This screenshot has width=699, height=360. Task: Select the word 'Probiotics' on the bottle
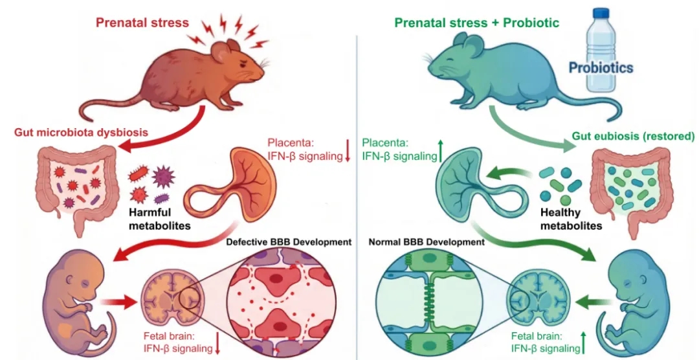pos(600,67)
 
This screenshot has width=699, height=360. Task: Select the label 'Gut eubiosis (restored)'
pos(633,137)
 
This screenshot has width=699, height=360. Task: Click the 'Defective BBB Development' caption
pos(289,242)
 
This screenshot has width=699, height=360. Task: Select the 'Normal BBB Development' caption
pos(427,242)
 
